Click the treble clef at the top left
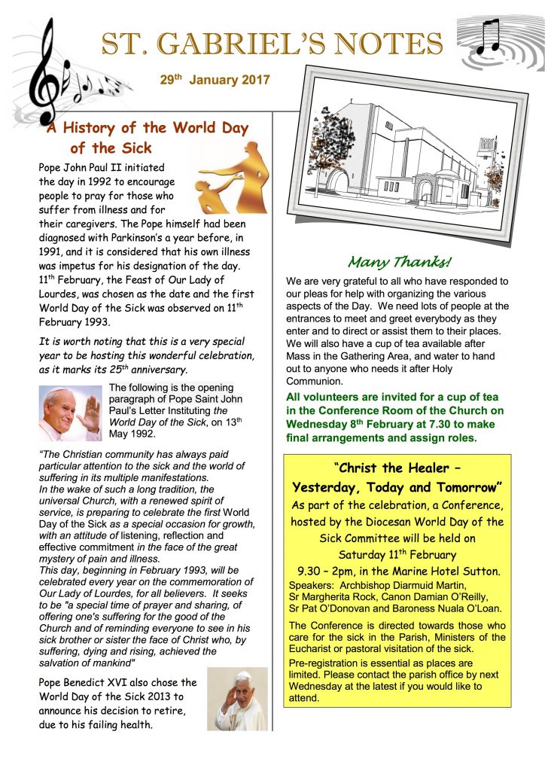pyautogui.click(x=47, y=72)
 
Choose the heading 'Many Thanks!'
pyautogui.click(x=399, y=263)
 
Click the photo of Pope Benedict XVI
pyautogui.click(x=237, y=700)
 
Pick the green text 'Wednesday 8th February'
pyautogui.click(x=346, y=424)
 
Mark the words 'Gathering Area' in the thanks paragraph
pyautogui.click(x=386, y=357)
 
